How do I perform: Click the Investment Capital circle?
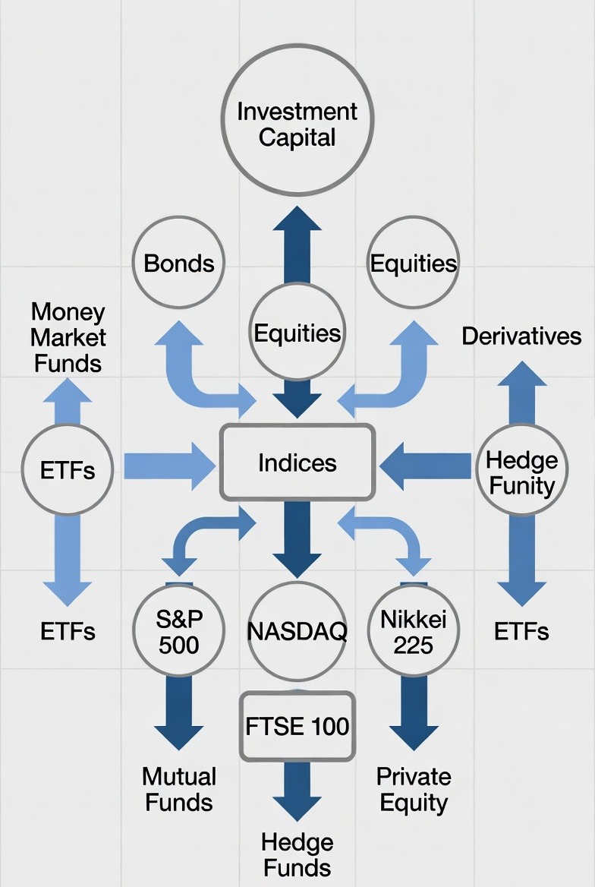coord(297,120)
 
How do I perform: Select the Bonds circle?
coord(178,263)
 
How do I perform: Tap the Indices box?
coord(297,462)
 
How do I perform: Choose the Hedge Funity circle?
coord(521,469)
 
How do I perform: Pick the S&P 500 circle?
coord(178,630)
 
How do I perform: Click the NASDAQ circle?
coord(297,630)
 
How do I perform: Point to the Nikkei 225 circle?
coord(414,630)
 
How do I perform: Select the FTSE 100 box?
coord(297,726)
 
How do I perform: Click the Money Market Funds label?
coord(68,337)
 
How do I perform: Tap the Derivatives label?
coord(521,336)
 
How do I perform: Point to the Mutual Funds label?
coord(178,789)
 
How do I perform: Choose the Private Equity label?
coord(414,789)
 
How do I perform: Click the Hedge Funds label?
coord(297,855)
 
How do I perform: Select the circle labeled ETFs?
coord(68,469)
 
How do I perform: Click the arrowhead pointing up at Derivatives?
coord(521,374)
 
